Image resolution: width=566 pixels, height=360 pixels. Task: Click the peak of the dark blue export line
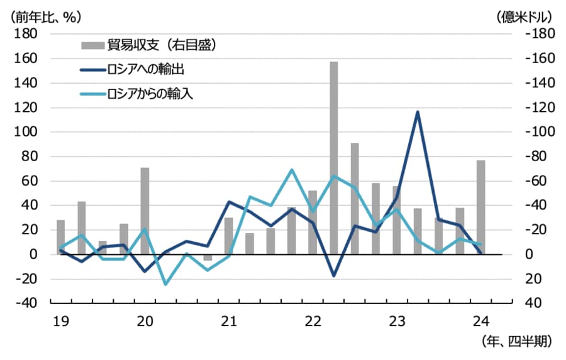[x=418, y=112]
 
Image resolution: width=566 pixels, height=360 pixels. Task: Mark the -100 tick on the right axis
[x=536, y=132]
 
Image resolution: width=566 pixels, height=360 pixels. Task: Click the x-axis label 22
[x=313, y=322]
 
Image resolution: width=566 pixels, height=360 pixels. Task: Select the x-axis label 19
[x=60, y=322]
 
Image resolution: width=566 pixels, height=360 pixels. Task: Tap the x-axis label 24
[x=480, y=322]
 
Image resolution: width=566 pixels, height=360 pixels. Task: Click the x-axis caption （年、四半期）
[x=516, y=342]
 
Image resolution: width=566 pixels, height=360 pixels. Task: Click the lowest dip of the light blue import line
[x=165, y=284]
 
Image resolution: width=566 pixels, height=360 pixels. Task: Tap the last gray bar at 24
[x=480, y=207]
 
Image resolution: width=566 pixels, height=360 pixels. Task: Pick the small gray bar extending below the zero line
[x=208, y=257]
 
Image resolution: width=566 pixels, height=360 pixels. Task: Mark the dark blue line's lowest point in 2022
[x=334, y=276]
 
